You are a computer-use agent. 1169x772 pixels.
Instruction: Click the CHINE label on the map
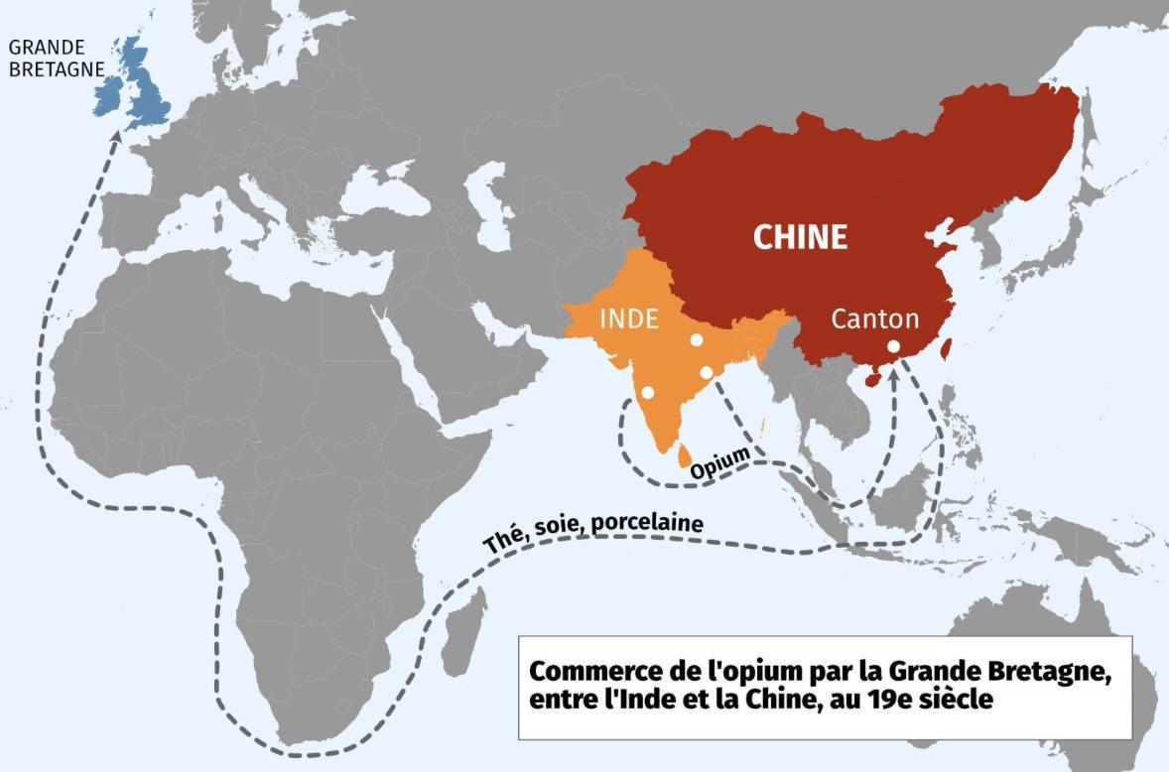pos(800,237)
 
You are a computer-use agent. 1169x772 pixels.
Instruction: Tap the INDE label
pos(629,319)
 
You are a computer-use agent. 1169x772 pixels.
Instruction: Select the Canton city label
pos(874,319)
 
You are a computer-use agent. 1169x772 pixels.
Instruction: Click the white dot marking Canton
pos(893,346)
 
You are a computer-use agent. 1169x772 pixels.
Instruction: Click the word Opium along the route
pos(719,464)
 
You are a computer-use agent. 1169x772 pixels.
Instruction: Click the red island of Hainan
pos(872,379)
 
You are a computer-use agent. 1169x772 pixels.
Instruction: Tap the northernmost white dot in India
pos(697,340)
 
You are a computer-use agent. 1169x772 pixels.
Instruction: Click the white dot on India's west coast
pos(647,393)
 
